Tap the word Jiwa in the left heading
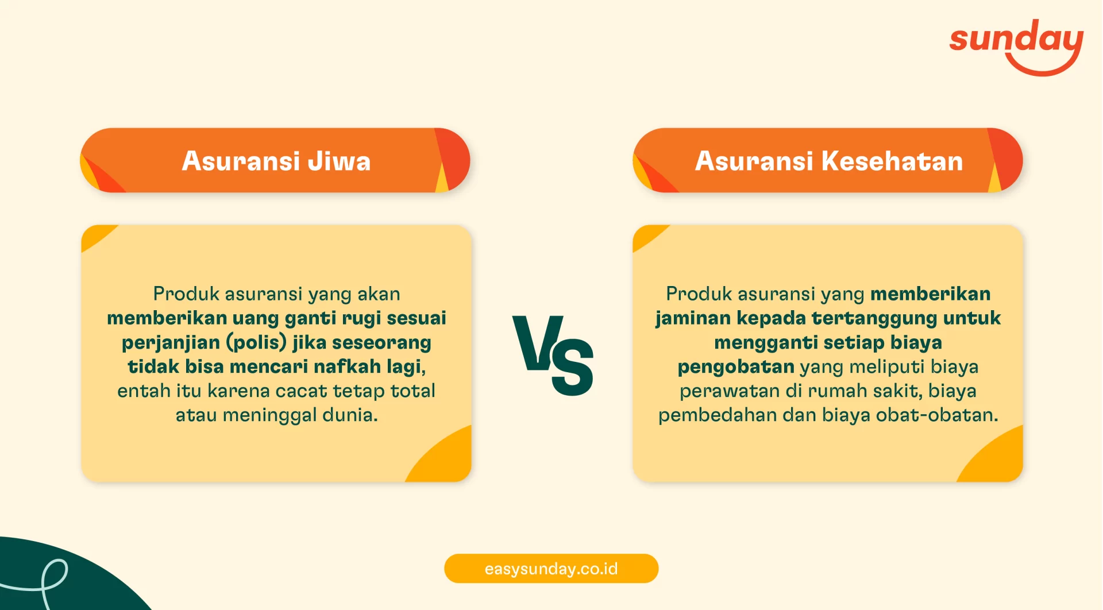coord(339,161)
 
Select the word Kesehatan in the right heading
coord(892,161)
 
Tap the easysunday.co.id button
coord(551,569)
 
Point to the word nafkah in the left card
coord(347,366)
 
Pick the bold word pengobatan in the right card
coord(735,366)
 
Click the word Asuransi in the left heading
coord(241,161)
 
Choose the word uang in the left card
coord(255,318)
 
